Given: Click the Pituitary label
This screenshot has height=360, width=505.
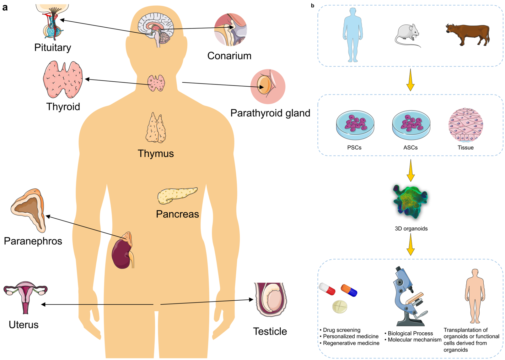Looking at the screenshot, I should point(52,47).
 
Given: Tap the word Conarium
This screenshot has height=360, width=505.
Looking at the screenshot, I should point(229,56).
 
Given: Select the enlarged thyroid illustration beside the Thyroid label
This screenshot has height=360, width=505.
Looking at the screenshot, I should point(63,79).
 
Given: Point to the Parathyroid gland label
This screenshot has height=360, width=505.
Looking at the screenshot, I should point(270,113).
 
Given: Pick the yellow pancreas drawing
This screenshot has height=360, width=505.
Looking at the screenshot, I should point(176,195).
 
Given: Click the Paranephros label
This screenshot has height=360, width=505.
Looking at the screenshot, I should point(33,241).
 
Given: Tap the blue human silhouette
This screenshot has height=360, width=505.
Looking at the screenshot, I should point(353,35).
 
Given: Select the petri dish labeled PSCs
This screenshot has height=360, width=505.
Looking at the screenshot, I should point(355,125).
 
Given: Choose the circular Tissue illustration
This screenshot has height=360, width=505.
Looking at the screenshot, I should point(465,125).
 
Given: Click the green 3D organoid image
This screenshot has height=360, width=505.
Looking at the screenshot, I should point(410,201).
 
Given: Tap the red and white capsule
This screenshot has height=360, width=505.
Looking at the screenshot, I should point(327,289).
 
